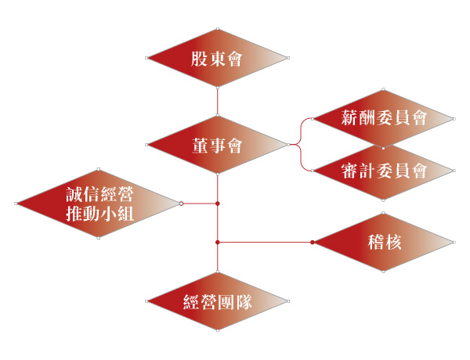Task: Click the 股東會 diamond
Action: tap(218, 58)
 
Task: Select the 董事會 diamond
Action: tap(218, 145)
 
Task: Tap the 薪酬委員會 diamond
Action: tap(383, 119)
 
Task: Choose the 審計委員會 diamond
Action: tap(383, 171)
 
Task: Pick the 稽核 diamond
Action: tap(383, 243)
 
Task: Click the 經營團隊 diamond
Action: tap(218, 301)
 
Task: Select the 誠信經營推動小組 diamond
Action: tap(99, 203)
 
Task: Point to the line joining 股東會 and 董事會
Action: tap(218, 102)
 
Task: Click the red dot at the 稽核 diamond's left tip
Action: tap(313, 243)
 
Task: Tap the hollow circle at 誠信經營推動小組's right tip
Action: tap(182, 203)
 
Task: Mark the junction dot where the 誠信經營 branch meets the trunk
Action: tap(218, 203)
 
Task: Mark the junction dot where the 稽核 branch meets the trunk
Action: tap(218, 243)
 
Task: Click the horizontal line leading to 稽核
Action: tap(265, 243)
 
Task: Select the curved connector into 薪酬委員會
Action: tap(300, 131)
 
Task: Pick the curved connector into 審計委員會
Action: tap(300, 158)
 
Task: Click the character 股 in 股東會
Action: tap(199, 59)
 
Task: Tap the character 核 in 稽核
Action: tap(393, 242)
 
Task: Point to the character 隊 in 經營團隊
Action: tap(244, 301)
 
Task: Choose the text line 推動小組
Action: tap(99, 214)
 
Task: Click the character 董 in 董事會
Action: tap(200, 146)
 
